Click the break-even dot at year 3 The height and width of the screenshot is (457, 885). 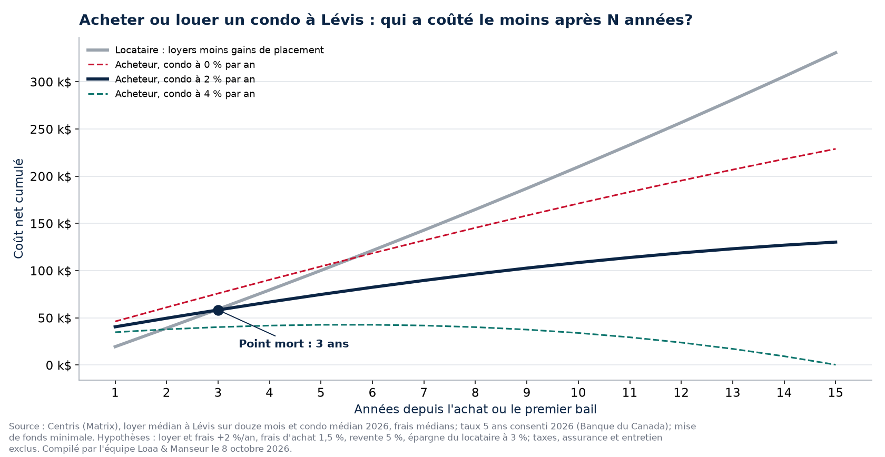click(x=218, y=310)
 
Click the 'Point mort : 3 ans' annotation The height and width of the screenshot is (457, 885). click(x=293, y=344)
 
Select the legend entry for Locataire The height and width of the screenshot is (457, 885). click(x=205, y=50)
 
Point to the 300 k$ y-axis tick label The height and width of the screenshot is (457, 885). click(x=51, y=82)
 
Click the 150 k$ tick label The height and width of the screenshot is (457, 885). click(x=51, y=224)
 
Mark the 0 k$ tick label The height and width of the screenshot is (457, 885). click(x=58, y=365)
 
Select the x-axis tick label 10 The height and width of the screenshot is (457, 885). click(x=578, y=393)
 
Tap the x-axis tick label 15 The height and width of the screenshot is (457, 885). click(x=835, y=393)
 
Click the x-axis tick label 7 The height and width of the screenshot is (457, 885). click(x=424, y=393)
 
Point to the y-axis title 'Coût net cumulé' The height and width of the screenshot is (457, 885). click(x=18, y=209)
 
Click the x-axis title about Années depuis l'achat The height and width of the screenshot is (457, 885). click(x=475, y=409)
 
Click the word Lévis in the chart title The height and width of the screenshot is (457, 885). click(x=342, y=20)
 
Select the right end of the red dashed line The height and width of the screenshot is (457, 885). click(x=835, y=149)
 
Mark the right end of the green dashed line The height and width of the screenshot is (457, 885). click(x=835, y=364)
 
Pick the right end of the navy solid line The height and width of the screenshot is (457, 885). click(x=837, y=242)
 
